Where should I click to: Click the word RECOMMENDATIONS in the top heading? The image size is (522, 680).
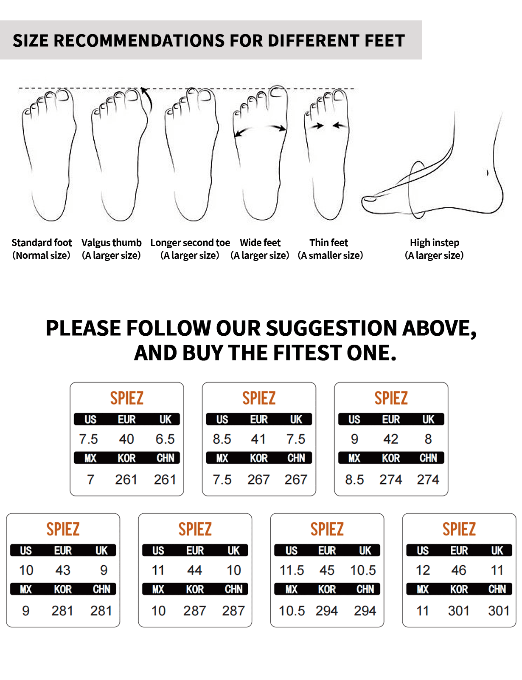[x=159, y=41]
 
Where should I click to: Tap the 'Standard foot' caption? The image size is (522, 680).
[x=42, y=243]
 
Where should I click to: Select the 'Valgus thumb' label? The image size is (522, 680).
[x=112, y=243]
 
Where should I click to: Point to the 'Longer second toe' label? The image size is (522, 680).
[x=190, y=243]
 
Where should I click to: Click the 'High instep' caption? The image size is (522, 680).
[x=435, y=243]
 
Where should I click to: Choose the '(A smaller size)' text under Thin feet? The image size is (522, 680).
[x=330, y=255]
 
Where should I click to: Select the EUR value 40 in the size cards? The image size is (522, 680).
[x=126, y=439]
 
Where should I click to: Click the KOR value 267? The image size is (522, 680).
[x=258, y=479]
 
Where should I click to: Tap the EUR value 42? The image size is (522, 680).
[x=391, y=439]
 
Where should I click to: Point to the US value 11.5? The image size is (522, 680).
[x=292, y=570]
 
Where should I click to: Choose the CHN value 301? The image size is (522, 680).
[x=499, y=611]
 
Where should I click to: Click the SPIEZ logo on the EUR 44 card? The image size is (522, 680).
[x=195, y=529]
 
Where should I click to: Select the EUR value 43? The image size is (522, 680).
[x=63, y=570]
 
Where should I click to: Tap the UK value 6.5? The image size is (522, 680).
[x=165, y=439]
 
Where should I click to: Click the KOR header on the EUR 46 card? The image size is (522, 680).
[x=459, y=589]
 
